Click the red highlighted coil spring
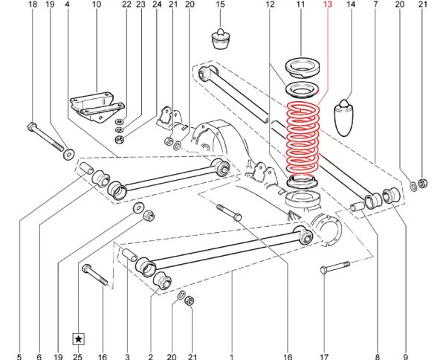tap(303, 139)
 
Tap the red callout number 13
tap(328, 4)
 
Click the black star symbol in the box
tap(79, 339)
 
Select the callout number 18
tap(33, 4)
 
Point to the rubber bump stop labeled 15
tap(221, 39)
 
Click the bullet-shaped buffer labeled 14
tap(344, 118)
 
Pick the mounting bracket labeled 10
tap(97, 106)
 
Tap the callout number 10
tap(97, 4)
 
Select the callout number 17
tap(324, 356)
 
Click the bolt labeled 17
tap(334, 267)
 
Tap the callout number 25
tap(78, 356)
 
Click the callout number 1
tap(232, 356)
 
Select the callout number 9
tap(405, 356)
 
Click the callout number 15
tap(220, 4)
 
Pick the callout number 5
tap(19, 356)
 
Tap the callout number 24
tap(157, 4)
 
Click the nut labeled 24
tap(118, 140)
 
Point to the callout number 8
tap(378, 356)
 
